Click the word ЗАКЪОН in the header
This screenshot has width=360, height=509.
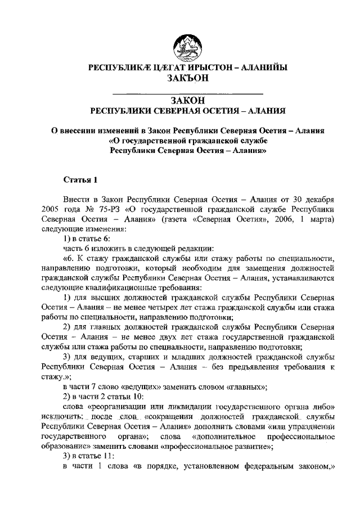pos(188,79)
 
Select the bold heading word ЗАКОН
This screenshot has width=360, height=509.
pos(188,100)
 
